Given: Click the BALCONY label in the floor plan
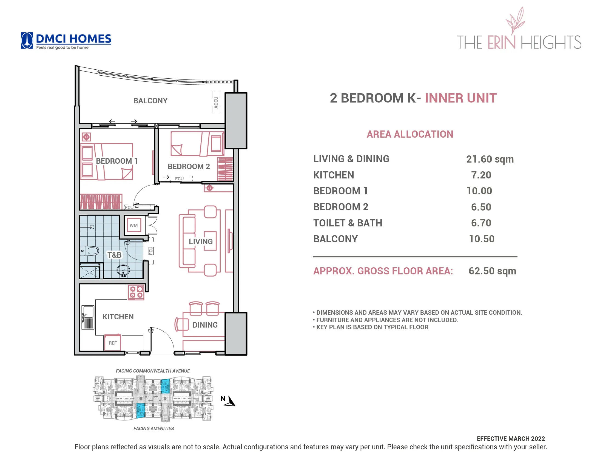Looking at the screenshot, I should tap(150, 101).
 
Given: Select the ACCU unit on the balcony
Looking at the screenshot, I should tap(216, 102).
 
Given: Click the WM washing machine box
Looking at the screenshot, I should tap(134, 225).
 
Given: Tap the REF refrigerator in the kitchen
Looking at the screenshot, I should tap(113, 343).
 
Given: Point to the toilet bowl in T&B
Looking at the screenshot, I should tap(90, 251).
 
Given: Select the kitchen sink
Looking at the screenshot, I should tap(88, 317).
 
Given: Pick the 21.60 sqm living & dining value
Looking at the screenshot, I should tap(490, 159).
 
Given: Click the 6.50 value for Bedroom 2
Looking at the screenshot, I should tap(481, 207).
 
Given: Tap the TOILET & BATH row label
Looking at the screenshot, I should tap(348, 223).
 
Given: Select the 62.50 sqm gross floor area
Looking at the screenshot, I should tap(492, 271).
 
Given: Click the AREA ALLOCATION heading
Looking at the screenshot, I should tap(410, 134).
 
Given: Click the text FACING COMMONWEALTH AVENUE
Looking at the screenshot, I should tap(153, 371).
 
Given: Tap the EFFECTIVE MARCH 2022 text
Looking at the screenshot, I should tap(511, 439).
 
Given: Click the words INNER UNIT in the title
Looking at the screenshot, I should tap(460, 98).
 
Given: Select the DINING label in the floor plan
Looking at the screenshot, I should tap(205, 325).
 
